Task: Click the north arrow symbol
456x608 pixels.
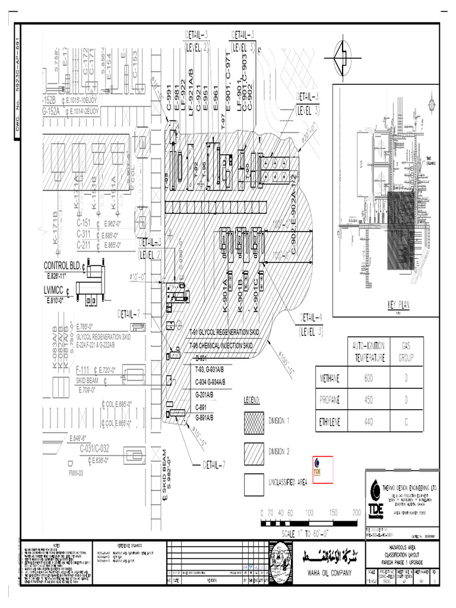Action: pyautogui.click(x=344, y=57)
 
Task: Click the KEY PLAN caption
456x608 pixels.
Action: pyautogui.click(x=399, y=304)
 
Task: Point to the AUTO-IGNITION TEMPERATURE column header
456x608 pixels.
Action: pyautogui.click(x=369, y=351)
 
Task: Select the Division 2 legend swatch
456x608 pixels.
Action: pyautogui.click(x=254, y=451)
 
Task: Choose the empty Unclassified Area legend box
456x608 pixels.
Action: pyautogui.click(x=254, y=483)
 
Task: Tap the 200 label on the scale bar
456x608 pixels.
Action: pyautogui.click(x=356, y=512)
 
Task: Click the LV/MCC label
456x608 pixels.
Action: pyautogui.click(x=54, y=291)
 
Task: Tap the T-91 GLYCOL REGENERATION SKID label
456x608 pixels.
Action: pyautogui.click(x=224, y=332)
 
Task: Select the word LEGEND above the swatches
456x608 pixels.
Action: pyautogui.click(x=252, y=401)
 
